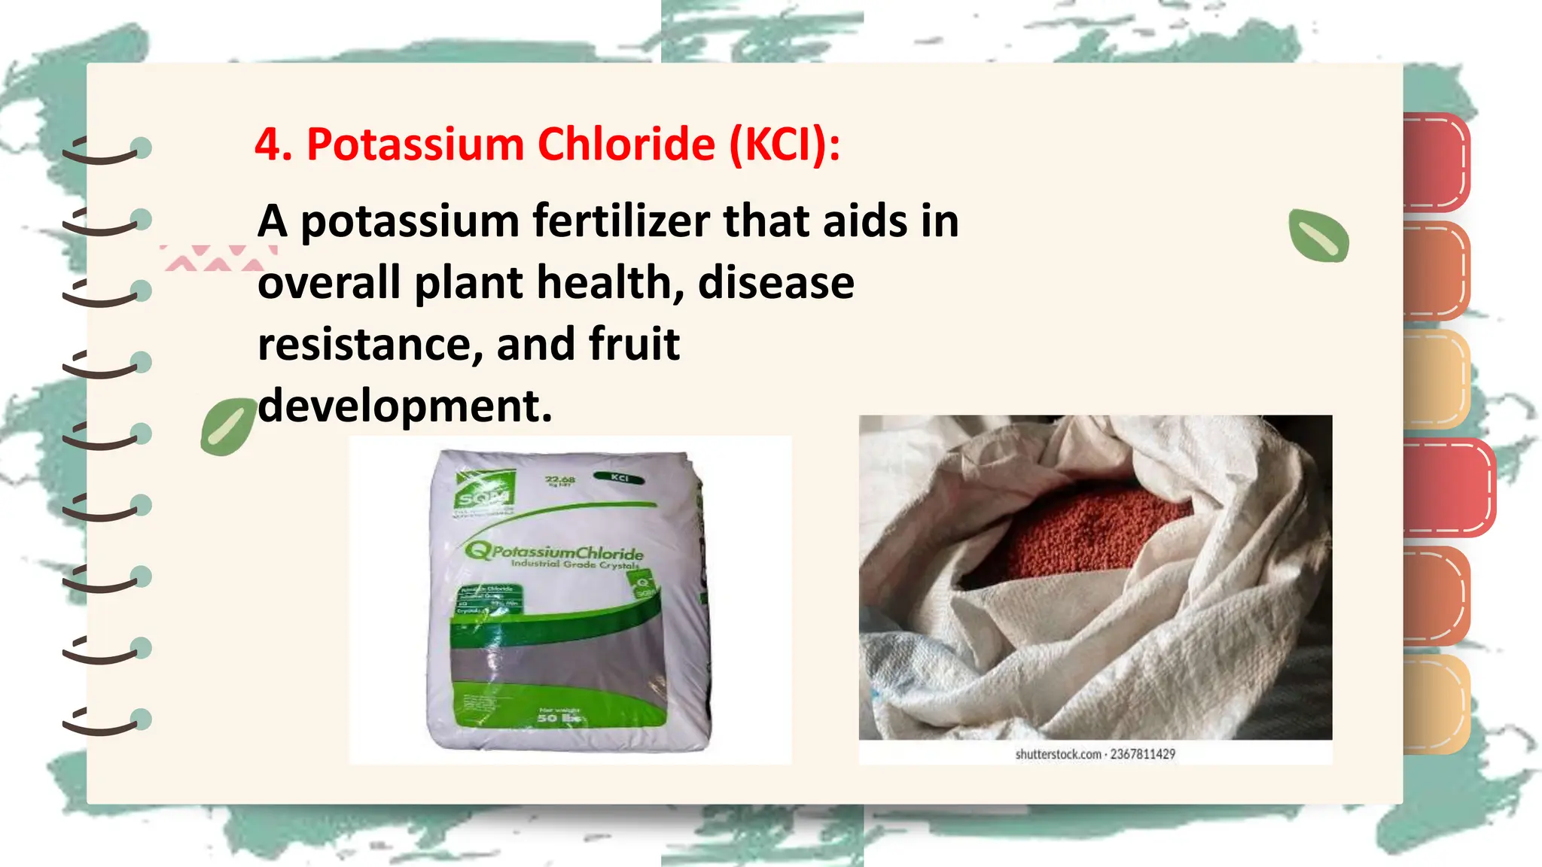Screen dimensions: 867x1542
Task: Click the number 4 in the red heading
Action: (x=270, y=144)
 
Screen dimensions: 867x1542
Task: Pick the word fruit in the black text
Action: (x=634, y=345)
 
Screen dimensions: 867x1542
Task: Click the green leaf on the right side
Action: (x=1318, y=236)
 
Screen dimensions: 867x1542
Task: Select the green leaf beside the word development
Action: (x=227, y=427)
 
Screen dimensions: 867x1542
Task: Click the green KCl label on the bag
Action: (x=619, y=478)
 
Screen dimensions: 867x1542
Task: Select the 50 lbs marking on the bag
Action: (x=558, y=718)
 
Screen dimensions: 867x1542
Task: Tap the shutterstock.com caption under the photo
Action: (x=1095, y=754)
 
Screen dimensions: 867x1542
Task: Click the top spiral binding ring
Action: (x=105, y=150)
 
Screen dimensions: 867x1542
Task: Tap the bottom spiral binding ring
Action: (x=105, y=721)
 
